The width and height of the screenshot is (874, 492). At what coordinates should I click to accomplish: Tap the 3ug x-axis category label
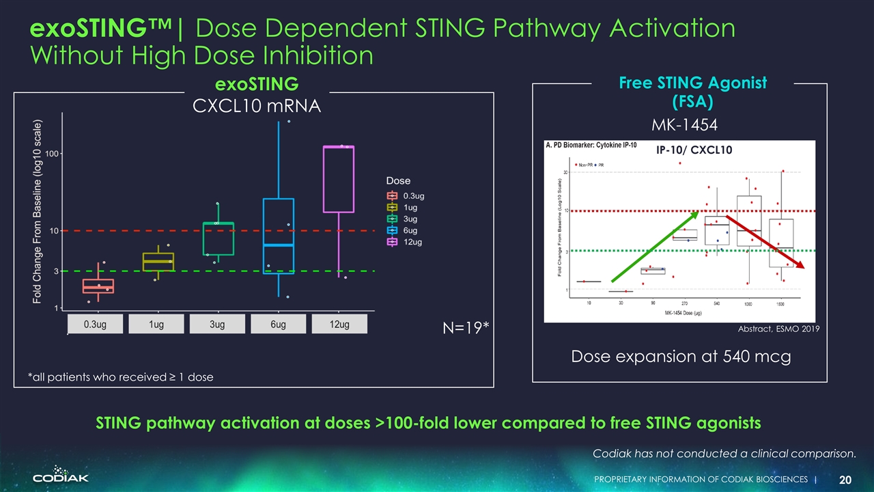(217, 325)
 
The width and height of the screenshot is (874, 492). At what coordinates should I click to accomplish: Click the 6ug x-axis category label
(278, 325)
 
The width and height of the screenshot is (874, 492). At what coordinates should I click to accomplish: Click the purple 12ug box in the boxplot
(339, 179)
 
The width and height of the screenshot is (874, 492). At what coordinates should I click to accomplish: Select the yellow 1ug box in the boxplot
(158, 262)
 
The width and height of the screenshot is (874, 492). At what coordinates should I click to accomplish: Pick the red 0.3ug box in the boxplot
(98, 286)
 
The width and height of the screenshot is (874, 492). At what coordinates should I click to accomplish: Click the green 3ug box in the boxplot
(218, 238)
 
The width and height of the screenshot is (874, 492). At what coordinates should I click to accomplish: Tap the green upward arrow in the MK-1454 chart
(654, 247)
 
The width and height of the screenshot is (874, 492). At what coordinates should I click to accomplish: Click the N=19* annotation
(466, 329)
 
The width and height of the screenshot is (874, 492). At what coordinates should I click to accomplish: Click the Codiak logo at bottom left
(61, 475)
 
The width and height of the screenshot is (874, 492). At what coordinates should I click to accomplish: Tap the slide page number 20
(845, 479)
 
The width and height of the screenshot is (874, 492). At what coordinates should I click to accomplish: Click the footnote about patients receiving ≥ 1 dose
(120, 377)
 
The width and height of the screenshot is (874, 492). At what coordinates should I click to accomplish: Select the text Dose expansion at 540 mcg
(680, 357)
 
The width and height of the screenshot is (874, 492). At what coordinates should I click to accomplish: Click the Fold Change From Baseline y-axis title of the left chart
(38, 212)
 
